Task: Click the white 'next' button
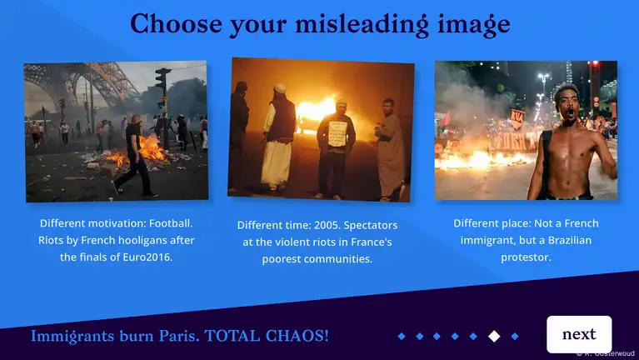coord(579,334)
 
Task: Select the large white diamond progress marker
coord(494,336)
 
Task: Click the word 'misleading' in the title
coord(362,24)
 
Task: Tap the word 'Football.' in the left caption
coord(171,223)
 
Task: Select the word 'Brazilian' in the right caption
coord(570,240)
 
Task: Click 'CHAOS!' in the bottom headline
coord(297,336)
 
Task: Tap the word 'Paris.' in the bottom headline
coord(179,336)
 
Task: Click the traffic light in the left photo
coord(162,78)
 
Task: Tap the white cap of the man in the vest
coord(280,88)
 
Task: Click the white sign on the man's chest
coord(337,133)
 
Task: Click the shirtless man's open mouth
coord(569,112)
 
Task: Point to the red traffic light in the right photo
coord(596,64)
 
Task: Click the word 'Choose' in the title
coord(177,23)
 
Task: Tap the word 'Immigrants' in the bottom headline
coord(72,337)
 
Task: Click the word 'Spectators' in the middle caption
coord(371,225)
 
